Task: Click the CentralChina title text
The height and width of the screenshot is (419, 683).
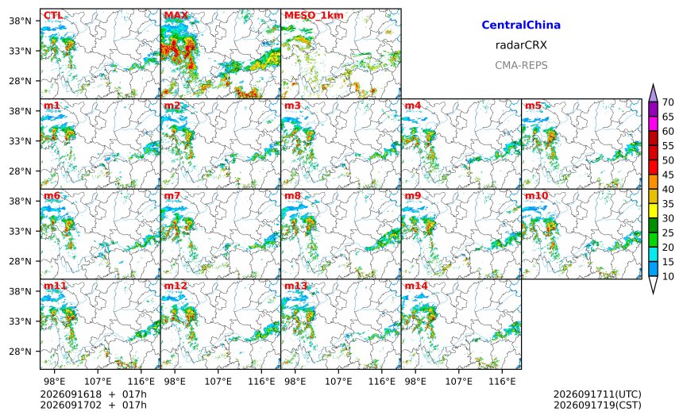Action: (521, 25)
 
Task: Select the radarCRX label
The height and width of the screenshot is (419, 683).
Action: (521, 44)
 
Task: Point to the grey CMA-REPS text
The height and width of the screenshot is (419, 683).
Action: (521, 65)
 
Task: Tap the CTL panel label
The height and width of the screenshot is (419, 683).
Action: (53, 16)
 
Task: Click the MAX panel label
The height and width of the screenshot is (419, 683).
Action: (176, 16)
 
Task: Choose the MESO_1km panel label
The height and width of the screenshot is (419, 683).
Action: (314, 16)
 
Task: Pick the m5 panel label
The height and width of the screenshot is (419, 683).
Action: (533, 106)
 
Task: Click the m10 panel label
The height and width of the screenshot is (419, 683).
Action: (536, 196)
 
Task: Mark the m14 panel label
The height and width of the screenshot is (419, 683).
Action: (416, 286)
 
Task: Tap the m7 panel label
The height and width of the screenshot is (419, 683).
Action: (172, 196)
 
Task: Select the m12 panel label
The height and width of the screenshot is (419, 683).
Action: (176, 286)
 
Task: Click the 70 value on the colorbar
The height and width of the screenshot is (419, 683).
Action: (668, 102)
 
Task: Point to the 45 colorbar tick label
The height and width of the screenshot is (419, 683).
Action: (668, 175)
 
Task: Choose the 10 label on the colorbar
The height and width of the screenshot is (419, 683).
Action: (668, 276)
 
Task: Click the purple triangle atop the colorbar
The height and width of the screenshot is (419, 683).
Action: (653, 94)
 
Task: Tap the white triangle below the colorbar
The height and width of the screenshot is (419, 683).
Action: (653, 285)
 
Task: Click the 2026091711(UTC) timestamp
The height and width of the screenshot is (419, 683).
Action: (597, 394)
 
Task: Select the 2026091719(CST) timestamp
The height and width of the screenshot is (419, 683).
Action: (597, 405)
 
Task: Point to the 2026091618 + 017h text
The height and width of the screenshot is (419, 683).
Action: (93, 394)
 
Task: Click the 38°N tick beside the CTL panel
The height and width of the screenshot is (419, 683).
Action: (21, 21)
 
